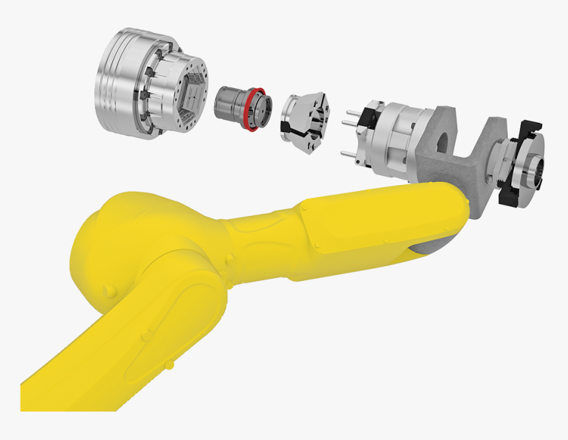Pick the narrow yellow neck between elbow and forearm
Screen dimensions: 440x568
(x=262, y=231)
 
